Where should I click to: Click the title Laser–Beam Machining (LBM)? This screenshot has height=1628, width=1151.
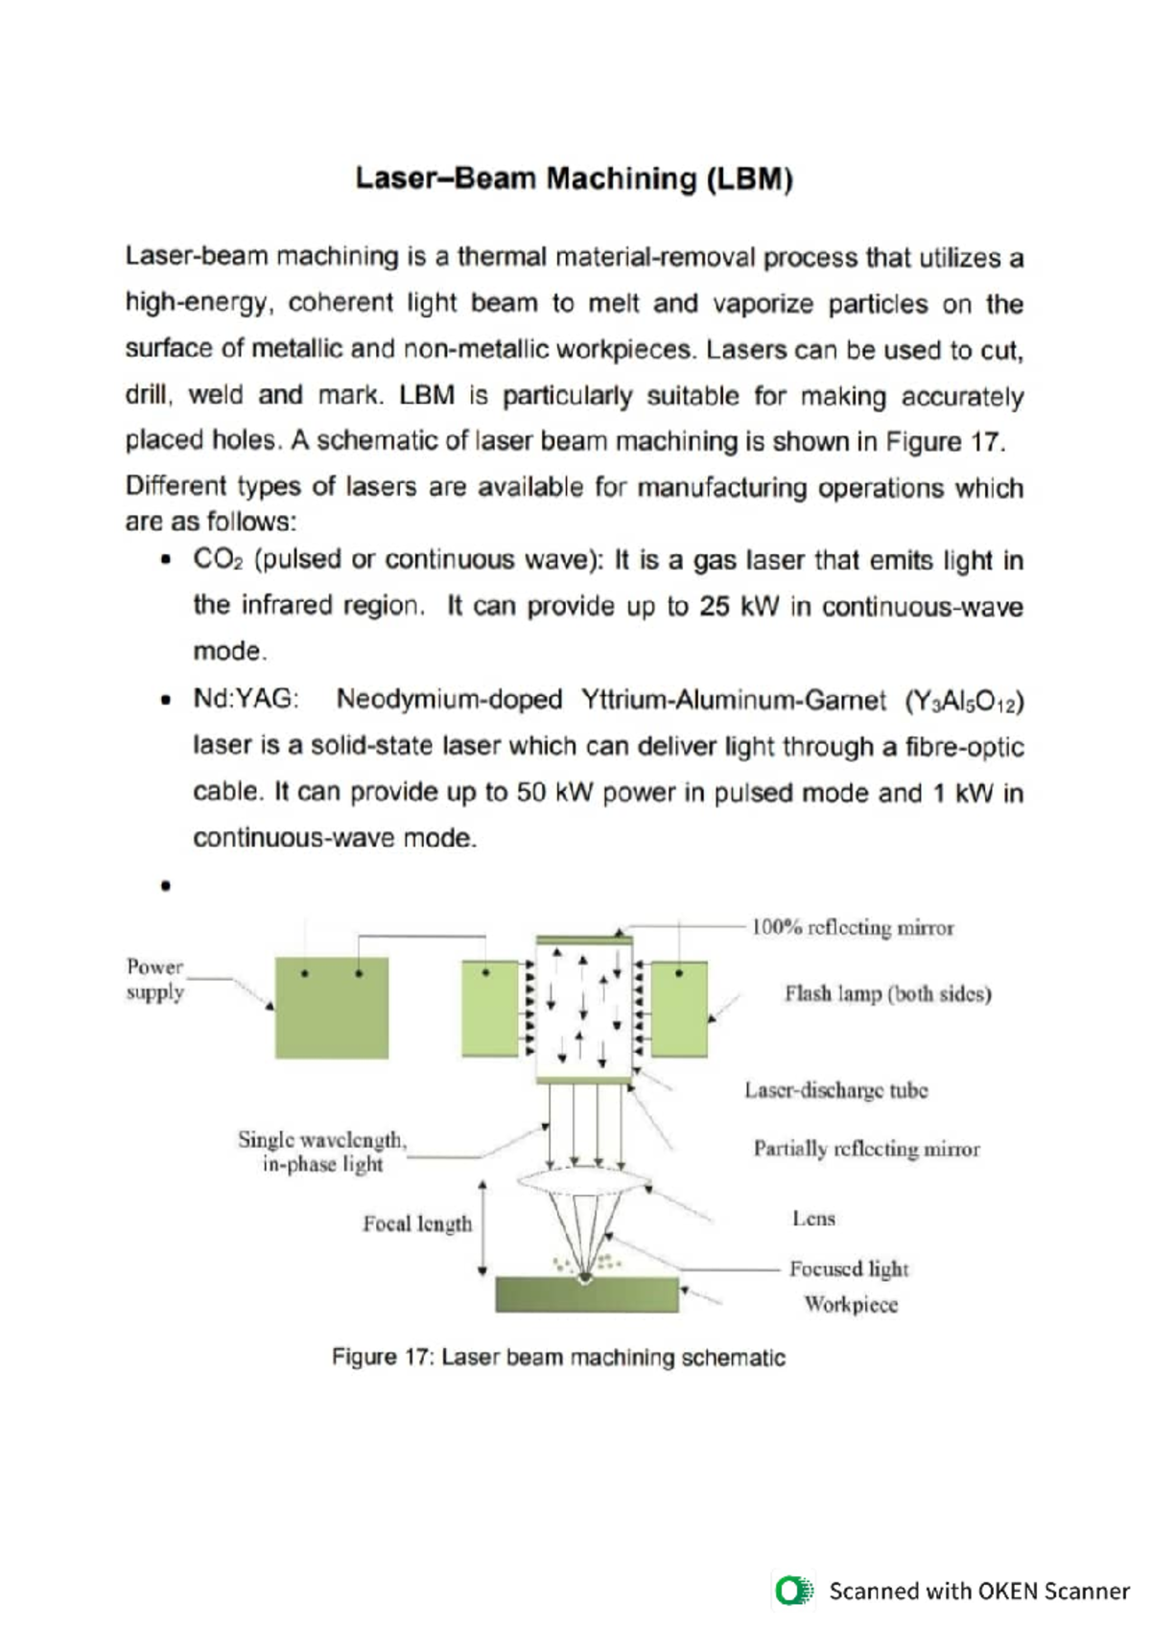click(x=574, y=179)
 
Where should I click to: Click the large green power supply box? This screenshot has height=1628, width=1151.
click(x=332, y=1008)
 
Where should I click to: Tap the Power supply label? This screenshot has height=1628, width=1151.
click(x=154, y=979)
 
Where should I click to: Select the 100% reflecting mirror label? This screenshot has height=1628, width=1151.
click(x=852, y=927)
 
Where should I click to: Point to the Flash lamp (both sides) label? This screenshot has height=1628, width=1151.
click(x=887, y=993)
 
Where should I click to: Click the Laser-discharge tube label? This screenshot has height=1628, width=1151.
click(x=835, y=1090)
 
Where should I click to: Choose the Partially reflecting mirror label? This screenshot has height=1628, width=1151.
click(x=866, y=1149)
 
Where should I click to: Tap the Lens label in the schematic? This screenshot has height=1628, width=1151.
click(x=813, y=1219)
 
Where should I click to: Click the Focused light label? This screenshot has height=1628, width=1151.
click(x=848, y=1268)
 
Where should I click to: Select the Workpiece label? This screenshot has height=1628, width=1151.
click(x=851, y=1304)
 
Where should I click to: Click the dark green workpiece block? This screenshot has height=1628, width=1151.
click(x=586, y=1295)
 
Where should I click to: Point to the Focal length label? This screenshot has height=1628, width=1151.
click(x=417, y=1223)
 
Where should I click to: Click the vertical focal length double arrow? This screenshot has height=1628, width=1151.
click(x=482, y=1228)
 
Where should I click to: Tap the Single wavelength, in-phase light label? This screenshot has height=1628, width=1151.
click(x=322, y=1151)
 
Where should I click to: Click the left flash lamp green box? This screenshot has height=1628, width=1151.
click(x=490, y=1010)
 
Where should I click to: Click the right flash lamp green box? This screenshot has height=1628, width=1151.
click(x=679, y=1010)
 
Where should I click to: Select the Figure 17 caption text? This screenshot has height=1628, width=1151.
click(x=558, y=1358)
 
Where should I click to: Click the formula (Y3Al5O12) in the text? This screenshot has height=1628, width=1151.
click(x=964, y=701)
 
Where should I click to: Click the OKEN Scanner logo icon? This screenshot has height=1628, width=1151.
click(x=792, y=1591)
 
